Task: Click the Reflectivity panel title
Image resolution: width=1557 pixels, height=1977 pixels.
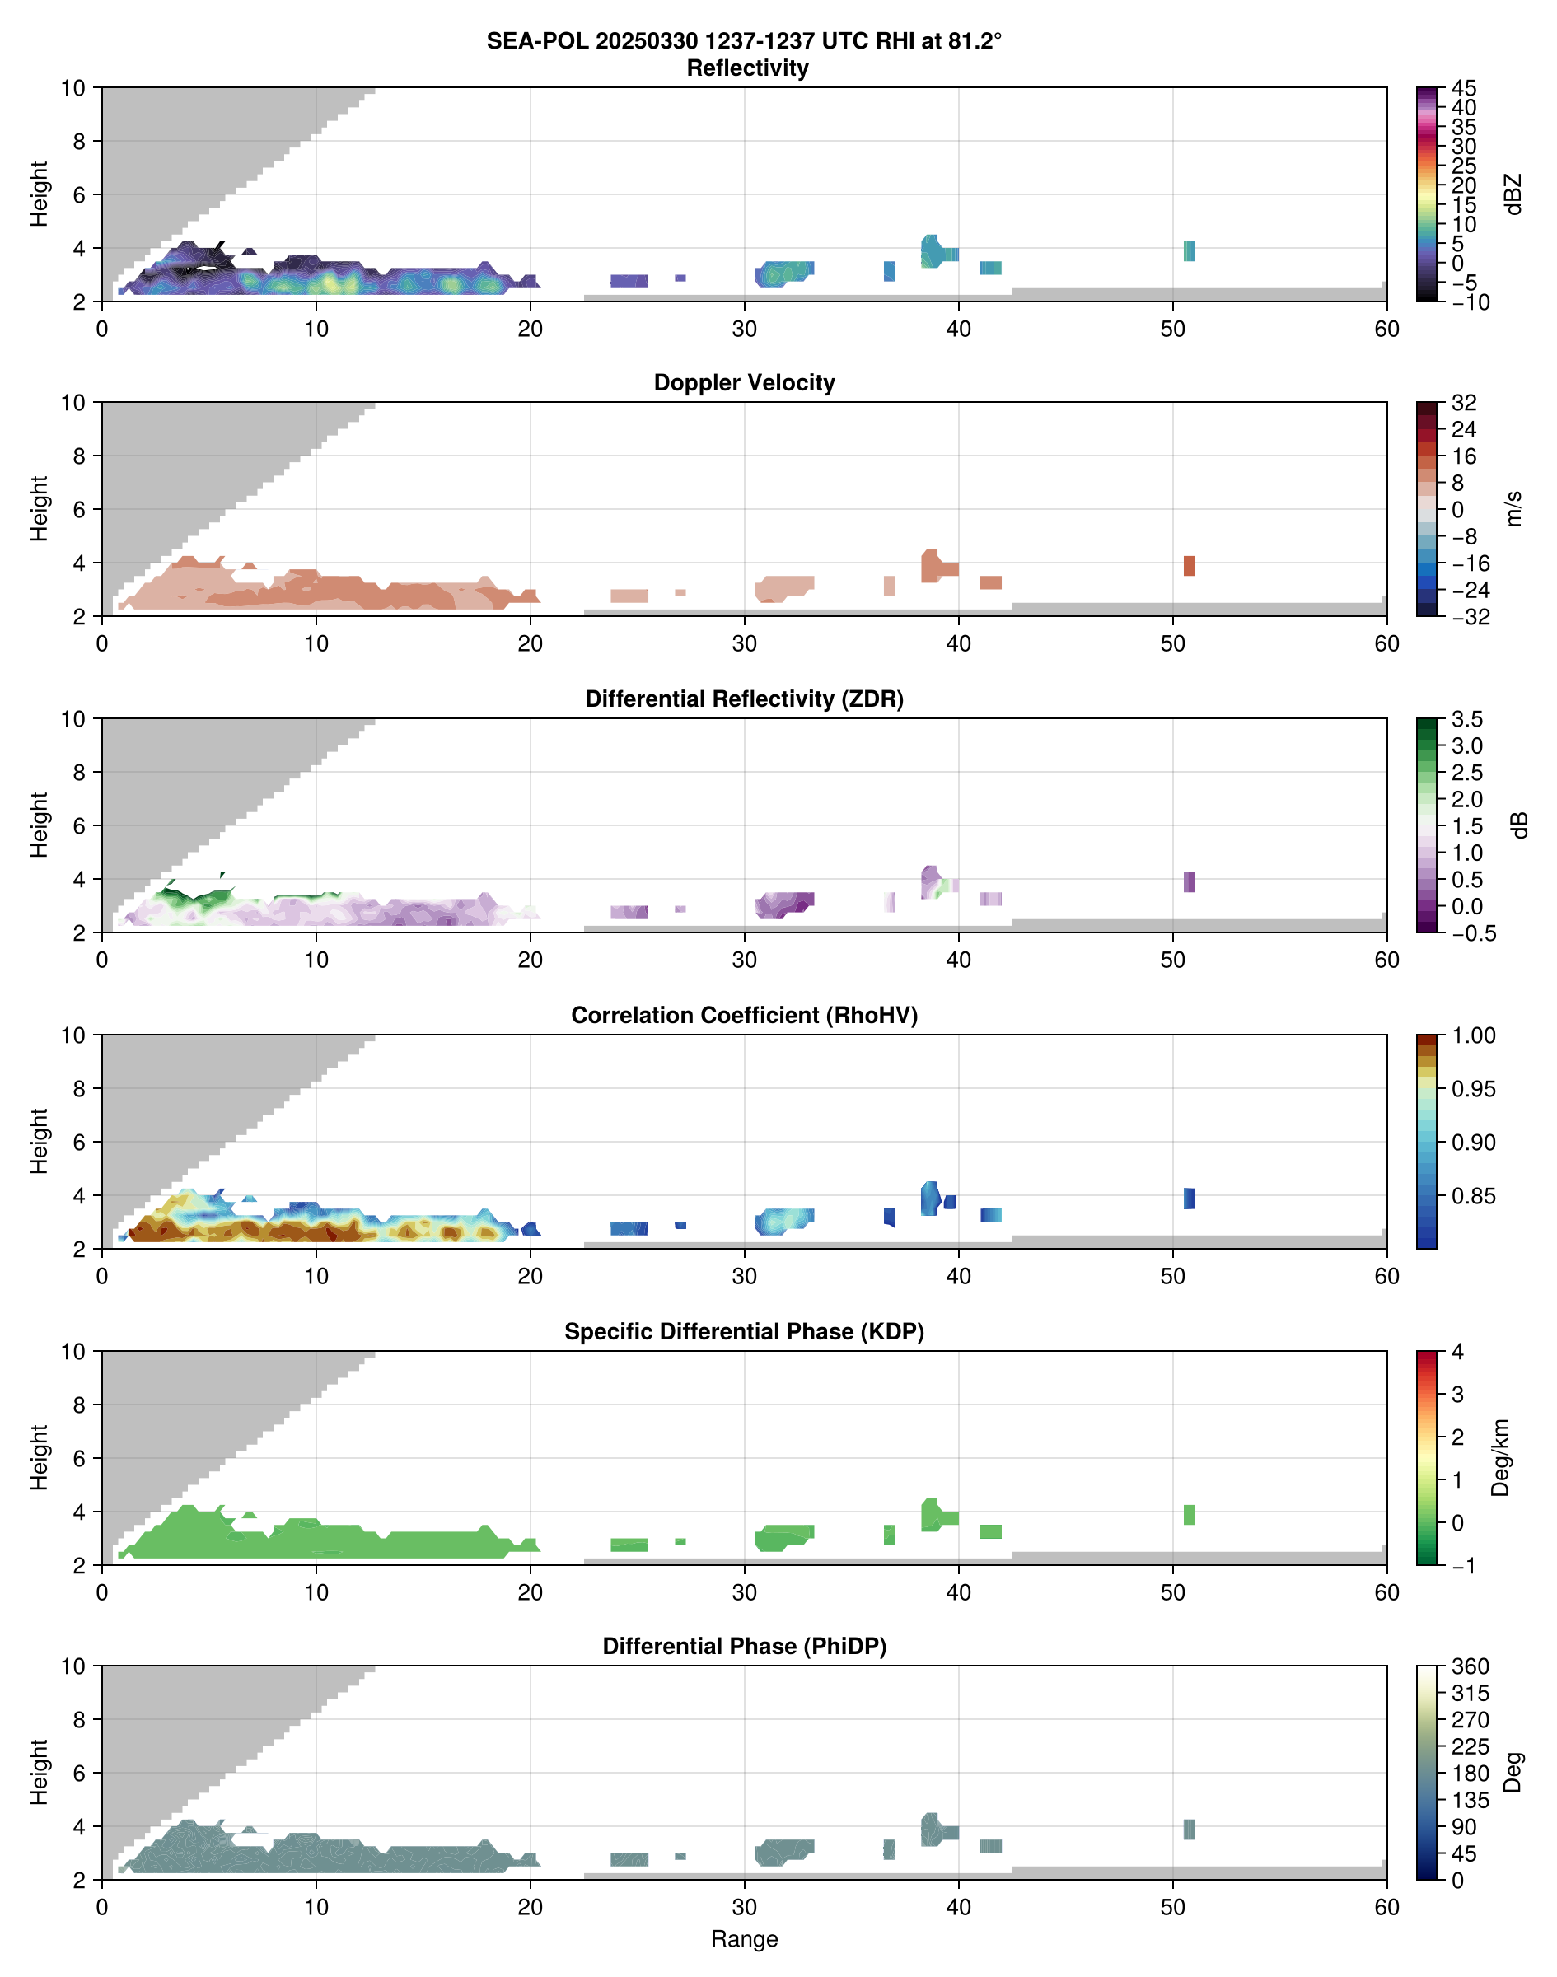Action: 747,68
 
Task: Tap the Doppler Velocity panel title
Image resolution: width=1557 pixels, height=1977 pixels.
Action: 744,383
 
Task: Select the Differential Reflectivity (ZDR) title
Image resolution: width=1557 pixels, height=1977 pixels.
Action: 744,699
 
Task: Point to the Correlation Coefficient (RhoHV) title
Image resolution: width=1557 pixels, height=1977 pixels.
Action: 744,1016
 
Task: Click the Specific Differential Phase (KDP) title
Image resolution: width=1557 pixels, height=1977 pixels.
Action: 744,1332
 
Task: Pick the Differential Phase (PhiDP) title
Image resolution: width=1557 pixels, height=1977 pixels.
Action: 744,1646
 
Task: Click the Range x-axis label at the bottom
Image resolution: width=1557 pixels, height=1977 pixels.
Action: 744,1939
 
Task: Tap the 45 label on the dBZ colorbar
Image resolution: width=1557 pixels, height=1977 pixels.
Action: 1464,88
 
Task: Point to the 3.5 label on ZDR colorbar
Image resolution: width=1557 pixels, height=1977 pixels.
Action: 1466,719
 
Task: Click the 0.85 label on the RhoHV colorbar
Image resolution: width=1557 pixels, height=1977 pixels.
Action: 1473,1195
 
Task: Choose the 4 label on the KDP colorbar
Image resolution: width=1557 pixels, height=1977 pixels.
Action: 1457,1352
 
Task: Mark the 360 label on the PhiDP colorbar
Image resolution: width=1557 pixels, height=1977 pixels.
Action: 1470,1666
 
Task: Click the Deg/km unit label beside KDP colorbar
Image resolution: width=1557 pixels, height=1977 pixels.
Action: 1500,1457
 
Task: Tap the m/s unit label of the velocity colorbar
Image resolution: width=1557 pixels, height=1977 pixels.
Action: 1514,508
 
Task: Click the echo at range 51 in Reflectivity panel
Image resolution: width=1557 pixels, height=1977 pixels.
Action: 1189,251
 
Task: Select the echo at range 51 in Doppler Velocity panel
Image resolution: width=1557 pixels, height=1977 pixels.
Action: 1189,566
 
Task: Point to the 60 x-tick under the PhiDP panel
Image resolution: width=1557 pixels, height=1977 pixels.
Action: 1386,1907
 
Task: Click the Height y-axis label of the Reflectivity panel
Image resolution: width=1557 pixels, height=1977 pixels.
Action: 38,194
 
